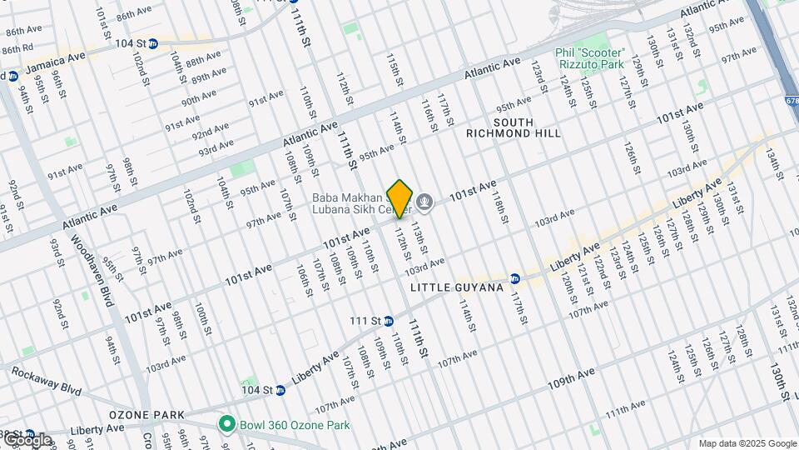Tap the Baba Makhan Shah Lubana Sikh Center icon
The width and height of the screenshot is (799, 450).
click(424, 201)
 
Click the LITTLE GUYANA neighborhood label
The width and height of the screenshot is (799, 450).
click(457, 287)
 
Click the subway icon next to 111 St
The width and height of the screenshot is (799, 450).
click(389, 320)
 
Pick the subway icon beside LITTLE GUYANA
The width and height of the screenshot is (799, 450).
click(515, 278)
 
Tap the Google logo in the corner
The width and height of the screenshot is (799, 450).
click(27, 438)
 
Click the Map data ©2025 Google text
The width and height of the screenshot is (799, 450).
click(747, 443)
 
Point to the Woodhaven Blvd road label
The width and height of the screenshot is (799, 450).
click(99, 270)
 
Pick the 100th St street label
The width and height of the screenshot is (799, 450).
click(201, 318)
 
